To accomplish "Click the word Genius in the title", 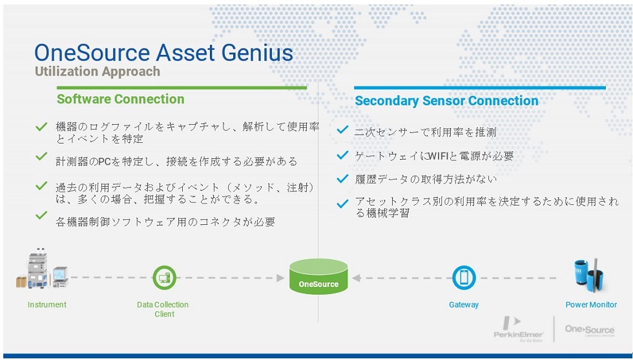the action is click(x=256, y=54).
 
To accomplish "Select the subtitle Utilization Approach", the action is click(x=98, y=72).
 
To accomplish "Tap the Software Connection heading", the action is click(x=120, y=99).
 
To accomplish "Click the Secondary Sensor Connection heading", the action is click(x=446, y=101).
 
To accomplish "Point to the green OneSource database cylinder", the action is click(x=318, y=277).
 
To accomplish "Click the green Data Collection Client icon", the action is click(x=164, y=277).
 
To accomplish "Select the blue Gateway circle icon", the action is click(x=464, y=277).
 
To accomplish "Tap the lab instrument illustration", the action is click(x=41, y=269).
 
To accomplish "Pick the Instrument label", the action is click(x=47, y=304).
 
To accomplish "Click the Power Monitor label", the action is click(x=591, y=304).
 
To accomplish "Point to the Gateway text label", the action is click(x=464, y=304).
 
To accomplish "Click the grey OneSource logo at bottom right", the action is click(x=589, y=330).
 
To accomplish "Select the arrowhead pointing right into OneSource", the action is click(x=280, y=277).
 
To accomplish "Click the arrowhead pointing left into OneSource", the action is click(x=356, y=277).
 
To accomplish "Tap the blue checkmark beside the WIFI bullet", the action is click(x=342, y=154).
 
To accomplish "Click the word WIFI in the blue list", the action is click(x=439, y=156).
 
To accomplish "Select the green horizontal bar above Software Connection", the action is click(x=182, y=87).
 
